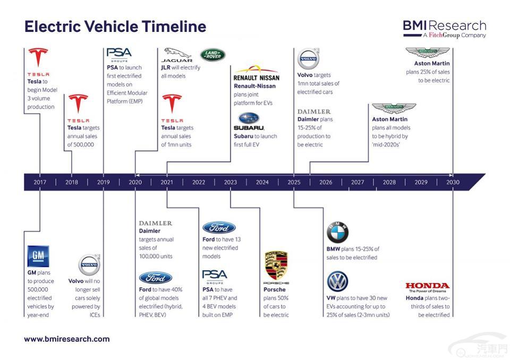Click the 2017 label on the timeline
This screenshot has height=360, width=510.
(40, 182)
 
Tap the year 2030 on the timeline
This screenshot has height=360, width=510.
(453, 182)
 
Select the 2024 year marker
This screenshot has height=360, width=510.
(262, 182)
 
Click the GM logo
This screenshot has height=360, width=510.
(38, 256)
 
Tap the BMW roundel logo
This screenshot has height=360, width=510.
(337, 232)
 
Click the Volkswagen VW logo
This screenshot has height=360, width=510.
(337, 281)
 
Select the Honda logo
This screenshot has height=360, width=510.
(427, 287)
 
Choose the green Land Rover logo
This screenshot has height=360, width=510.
(212, 55)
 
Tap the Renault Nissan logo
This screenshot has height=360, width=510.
(256, 73)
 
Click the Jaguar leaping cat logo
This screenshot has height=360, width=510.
(177, 55)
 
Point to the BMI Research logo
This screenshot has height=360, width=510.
(445, 29)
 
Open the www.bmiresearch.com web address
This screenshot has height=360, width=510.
(67, 339)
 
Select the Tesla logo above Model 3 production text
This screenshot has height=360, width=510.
(38, 62)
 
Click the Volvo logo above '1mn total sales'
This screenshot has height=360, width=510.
(308, 58)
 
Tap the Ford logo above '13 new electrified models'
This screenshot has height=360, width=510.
(219, 228)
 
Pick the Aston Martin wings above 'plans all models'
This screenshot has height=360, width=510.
(394, 108)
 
